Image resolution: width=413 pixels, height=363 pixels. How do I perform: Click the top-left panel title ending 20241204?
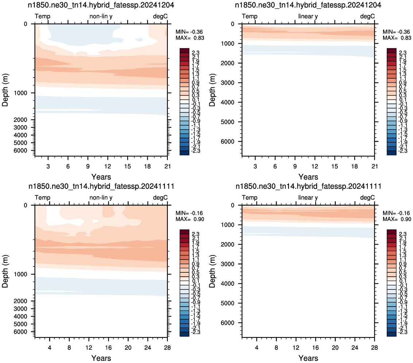tap(101, 5)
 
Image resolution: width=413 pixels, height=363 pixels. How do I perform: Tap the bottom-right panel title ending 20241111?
tap(308, 186)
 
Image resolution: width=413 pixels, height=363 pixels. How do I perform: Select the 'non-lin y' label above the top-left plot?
tap(101, 16)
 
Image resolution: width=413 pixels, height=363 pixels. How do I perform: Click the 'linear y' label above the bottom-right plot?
tap(308, 198)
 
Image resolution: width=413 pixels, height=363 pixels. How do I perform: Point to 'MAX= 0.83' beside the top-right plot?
tap(397, 38)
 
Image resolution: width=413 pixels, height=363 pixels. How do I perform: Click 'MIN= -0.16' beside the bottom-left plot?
tap(190, 213)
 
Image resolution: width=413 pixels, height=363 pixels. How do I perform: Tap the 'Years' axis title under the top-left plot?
tap(101, 177)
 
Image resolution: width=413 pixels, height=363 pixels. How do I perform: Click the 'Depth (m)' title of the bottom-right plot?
tap(212, 271)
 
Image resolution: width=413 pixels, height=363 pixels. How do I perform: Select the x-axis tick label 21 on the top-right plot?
tap(375, 166)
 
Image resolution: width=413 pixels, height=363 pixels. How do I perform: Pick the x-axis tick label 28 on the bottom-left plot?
tap(167, 348)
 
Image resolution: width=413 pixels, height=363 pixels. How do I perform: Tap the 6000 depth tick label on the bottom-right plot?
tap(228, 323)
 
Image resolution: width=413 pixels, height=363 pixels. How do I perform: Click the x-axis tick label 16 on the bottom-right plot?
tap(315, 348)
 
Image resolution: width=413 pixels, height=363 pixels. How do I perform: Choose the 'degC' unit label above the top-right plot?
tap(367, 16)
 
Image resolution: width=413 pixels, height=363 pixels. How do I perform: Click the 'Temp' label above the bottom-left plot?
tap(42, 198)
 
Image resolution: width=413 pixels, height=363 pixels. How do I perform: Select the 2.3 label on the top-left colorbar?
tap(196, 53)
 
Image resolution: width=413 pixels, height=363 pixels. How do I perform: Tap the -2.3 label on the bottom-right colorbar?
tap(402, 332)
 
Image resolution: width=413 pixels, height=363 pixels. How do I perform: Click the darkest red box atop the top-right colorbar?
tap(391, 51)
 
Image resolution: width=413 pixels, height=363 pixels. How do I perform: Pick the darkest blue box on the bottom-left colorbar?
tap(184, 334)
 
